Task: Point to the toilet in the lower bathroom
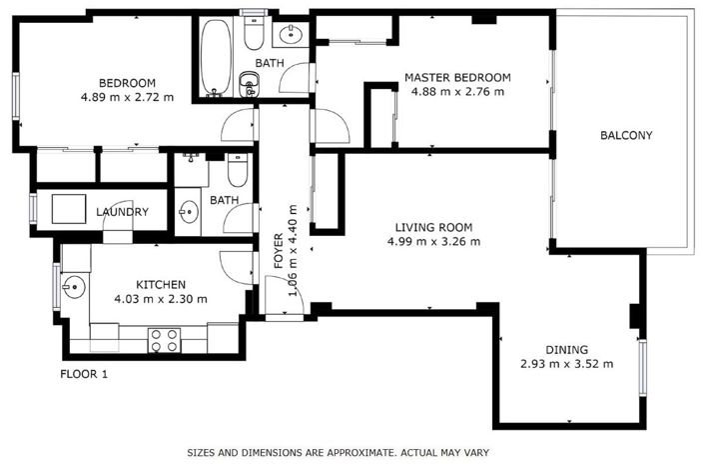[x=236, y=172]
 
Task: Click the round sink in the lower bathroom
[x=190, y=212]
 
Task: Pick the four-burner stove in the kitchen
[x=163, y=340]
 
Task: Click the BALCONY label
[x=626, y=136]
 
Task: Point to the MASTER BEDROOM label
[x=457, y=77]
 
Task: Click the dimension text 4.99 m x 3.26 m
[x=434, y=241]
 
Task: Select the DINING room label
[x=566, y=349]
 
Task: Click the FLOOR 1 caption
[x=84, y=375]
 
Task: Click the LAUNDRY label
[x=122, y=212]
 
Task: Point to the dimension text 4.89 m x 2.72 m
[x=127, y=97]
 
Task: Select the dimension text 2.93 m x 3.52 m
[x=566, y=363]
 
